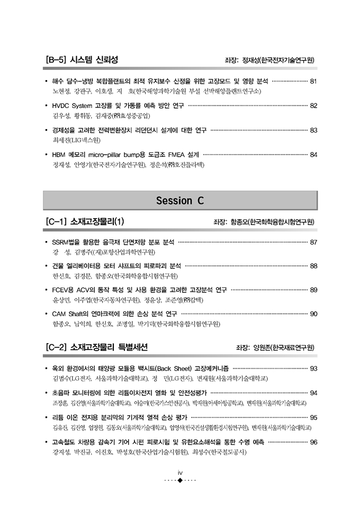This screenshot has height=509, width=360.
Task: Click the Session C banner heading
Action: pos(179,200)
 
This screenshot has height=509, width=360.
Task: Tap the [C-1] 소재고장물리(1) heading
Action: pos(85,221)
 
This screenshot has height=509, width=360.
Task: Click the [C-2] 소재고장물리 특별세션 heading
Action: pos(96,347)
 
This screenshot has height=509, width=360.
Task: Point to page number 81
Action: pos(313,82)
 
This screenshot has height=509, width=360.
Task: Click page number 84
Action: pos(313,155)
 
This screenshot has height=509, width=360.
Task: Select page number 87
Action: pos(313,242)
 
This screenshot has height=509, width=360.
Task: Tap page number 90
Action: pos(313,314)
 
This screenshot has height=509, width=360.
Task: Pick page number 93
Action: pos(313,369)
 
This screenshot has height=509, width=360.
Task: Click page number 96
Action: pos(313,442)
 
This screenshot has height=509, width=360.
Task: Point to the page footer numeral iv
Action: pos(180,472)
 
